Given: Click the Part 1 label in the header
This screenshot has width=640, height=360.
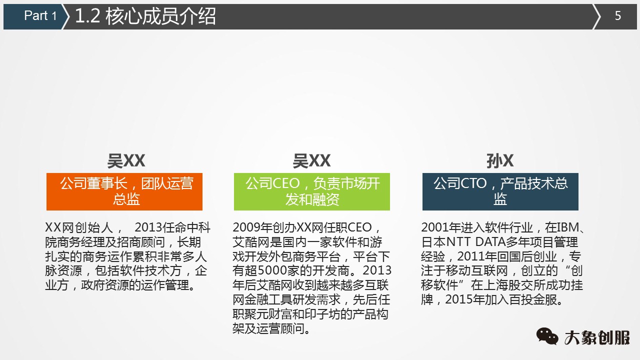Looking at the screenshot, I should click(40, 16).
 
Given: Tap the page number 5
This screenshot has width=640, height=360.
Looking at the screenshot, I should click(618, 16).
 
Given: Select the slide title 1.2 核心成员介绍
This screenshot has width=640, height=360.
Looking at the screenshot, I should click(145, 16).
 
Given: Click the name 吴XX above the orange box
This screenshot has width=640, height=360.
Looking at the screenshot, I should click(126, 161).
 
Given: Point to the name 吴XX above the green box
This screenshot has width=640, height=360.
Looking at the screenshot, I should click(311, 161).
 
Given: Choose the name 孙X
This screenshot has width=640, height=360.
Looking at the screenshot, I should click(500, 161).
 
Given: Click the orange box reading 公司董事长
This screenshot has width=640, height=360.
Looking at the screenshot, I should click(124, 191).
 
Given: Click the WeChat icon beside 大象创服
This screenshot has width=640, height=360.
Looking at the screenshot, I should click(547, 336).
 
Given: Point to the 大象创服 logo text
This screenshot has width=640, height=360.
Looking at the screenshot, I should click(597, 337).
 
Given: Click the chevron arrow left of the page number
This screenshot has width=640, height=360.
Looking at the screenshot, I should click(596, 16).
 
